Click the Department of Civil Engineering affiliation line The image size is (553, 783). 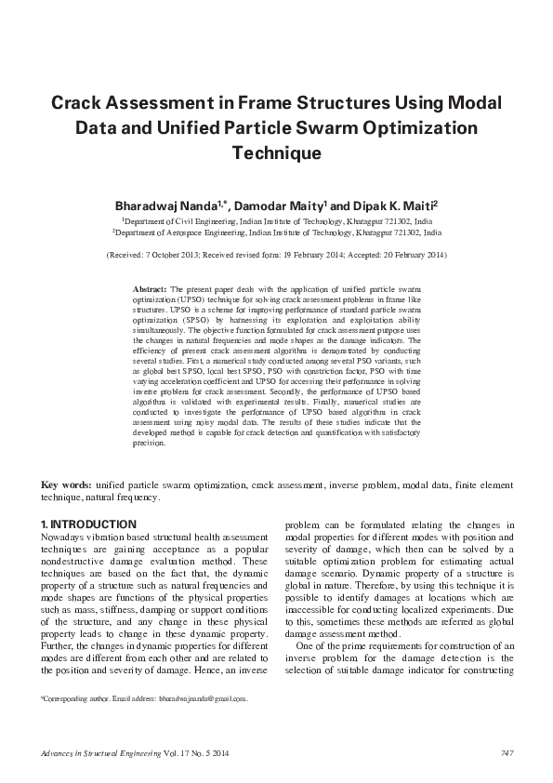276,223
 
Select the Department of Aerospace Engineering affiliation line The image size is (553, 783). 276,236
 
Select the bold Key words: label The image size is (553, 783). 66,485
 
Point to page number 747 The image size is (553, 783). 507,752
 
